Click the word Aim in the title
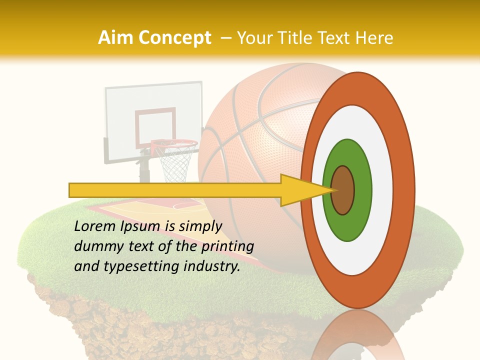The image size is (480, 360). [x=115, y=38]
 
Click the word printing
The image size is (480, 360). [x=227, y=246]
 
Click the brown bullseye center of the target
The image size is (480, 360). [x=343, y=190]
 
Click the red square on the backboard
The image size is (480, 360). [x=155, y=125]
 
